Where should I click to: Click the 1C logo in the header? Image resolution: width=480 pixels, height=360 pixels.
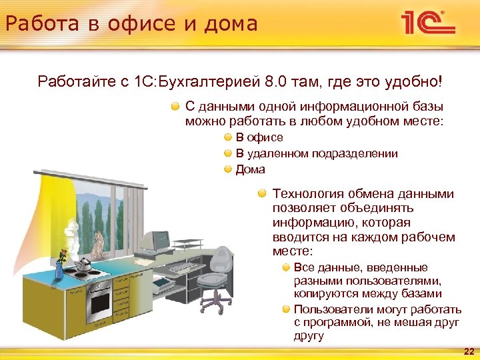(427, 23)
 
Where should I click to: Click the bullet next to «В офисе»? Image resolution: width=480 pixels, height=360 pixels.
(228, 137)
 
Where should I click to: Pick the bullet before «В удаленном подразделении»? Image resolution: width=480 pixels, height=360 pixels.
(228, 153)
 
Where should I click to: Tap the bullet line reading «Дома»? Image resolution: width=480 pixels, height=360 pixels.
(250, 169)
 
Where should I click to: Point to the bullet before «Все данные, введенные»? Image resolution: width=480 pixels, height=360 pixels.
(285, 267)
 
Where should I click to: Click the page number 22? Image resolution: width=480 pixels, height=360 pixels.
(469, 351)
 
